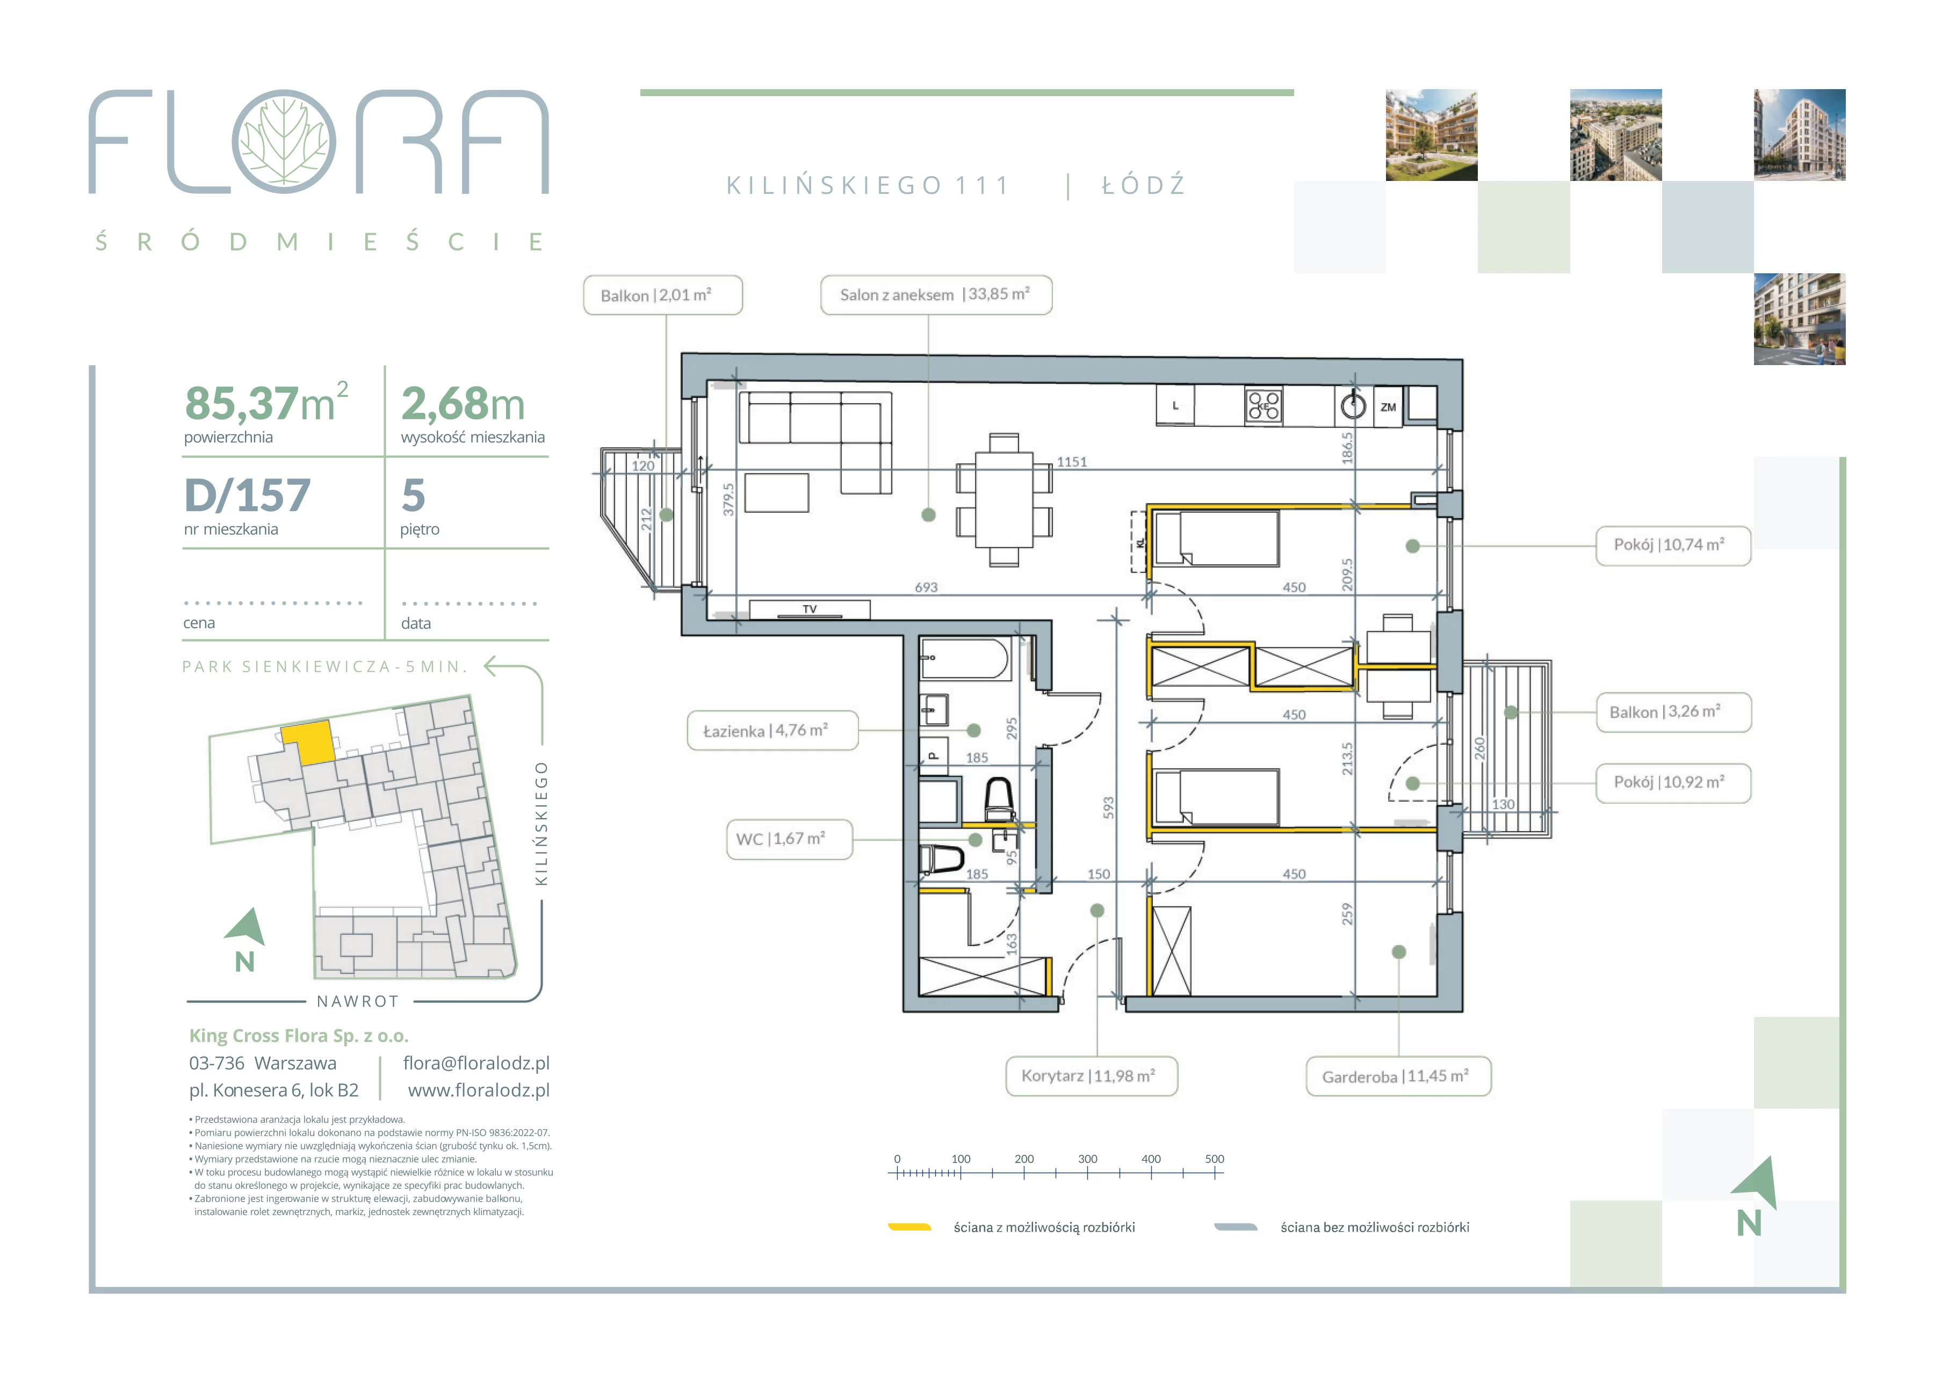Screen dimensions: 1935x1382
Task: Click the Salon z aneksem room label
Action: [936, 294]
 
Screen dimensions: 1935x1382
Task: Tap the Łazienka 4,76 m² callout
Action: [772, 730]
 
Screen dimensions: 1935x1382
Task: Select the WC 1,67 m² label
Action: [789, 839]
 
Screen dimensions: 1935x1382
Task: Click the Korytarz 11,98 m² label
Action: [1092, 1075]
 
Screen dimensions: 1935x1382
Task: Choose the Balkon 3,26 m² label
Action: [1673, 711]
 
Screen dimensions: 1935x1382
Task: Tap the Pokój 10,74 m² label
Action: [1673, 544]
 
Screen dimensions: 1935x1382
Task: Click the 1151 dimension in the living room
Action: [1072, 462]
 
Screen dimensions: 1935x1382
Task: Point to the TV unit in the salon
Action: [810, 609]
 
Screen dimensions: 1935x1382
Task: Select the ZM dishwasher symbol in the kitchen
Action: [1389, 407]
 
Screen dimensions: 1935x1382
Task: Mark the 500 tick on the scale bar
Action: [1215, 1173]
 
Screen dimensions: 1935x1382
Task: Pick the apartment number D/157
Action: [248, 495]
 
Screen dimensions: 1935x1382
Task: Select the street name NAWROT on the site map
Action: [358, 1002]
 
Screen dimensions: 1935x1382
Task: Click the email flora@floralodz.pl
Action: [476, 1063]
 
